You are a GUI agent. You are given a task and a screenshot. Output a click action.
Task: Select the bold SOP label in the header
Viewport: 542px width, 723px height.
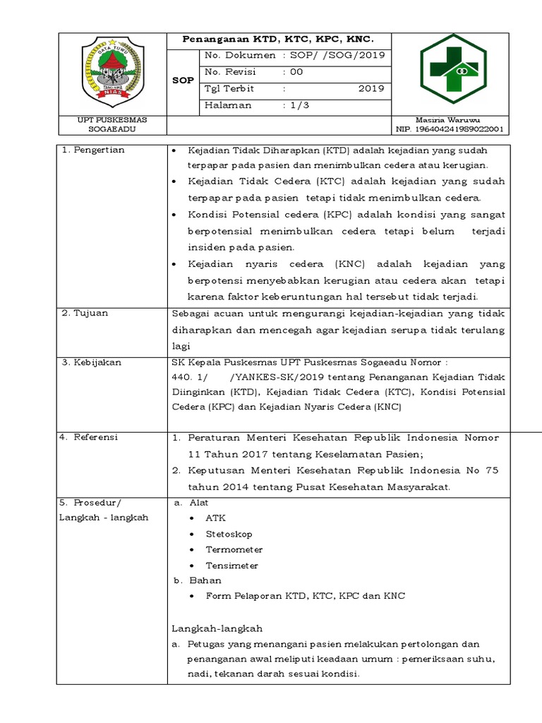click(183, 80)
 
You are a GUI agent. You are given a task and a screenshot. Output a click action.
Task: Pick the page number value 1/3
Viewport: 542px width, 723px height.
click(299, 105)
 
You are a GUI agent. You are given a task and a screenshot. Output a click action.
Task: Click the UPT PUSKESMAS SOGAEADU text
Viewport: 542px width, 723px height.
click(112, 125)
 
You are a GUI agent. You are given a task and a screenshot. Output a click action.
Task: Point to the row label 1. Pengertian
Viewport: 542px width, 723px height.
click(93, 150)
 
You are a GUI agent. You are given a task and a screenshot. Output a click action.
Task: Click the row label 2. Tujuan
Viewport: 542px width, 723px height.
click(85, 313)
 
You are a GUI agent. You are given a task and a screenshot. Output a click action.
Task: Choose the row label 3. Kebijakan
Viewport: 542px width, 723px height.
click(92, 362)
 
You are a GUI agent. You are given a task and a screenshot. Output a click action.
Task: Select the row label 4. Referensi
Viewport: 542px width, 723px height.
click(90, 437)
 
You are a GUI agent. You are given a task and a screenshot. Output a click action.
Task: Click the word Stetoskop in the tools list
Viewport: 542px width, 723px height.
click(229, 534)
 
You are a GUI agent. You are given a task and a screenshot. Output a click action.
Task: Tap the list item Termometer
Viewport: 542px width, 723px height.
click(234, 550)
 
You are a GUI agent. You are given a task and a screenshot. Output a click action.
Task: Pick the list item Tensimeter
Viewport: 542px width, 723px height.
click(232, 566)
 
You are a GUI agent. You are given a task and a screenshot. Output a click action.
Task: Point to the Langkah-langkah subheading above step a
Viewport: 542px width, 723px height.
click(217, 628)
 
